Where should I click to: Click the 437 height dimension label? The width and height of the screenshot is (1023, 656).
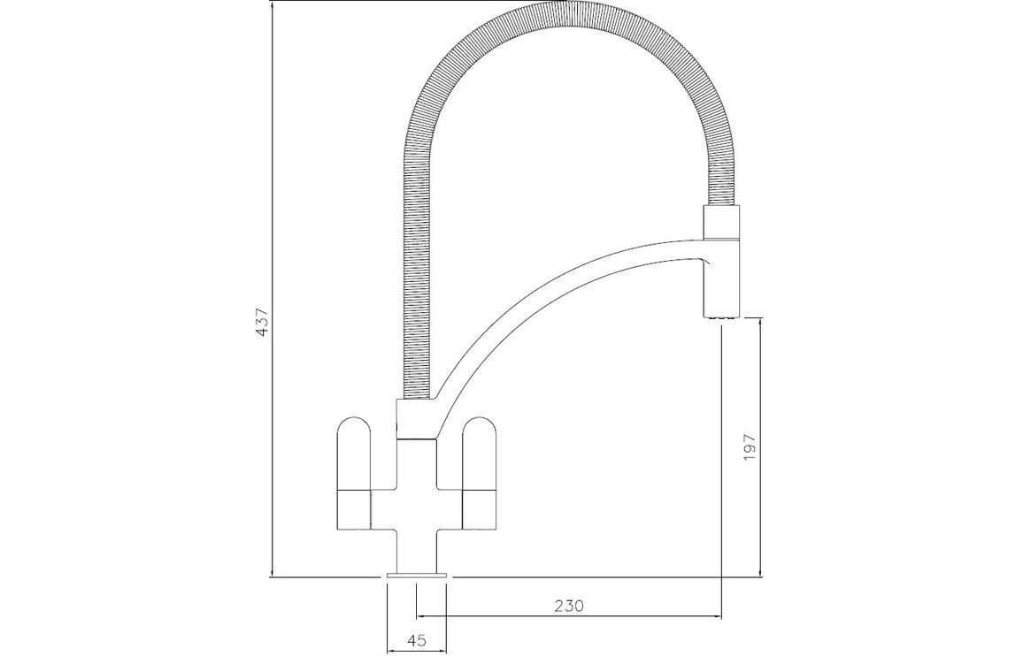262,322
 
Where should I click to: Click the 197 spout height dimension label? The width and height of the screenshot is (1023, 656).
749,447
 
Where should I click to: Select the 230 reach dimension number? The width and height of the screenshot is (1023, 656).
569,606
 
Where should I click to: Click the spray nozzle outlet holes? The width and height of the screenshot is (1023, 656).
721,317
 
